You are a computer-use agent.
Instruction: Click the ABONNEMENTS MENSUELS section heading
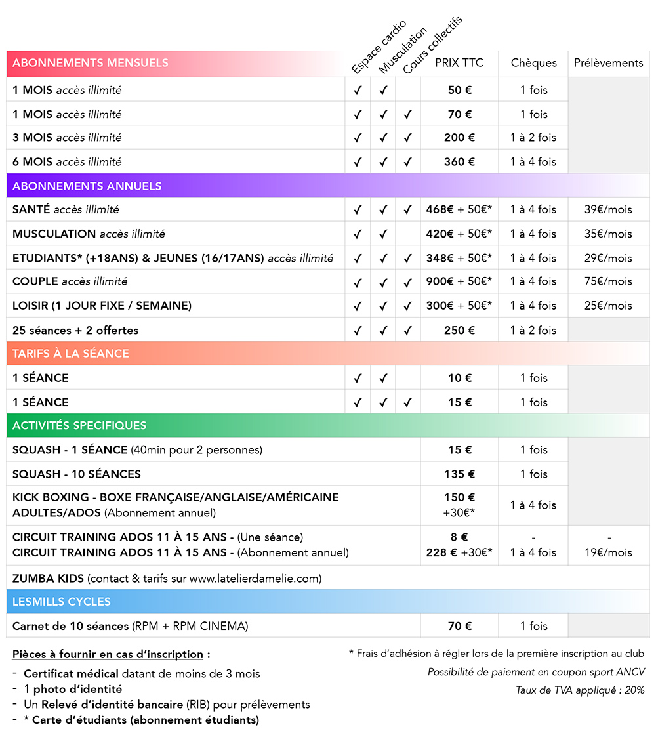(x=90, y=63)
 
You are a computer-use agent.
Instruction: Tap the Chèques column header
(x=534, y=63)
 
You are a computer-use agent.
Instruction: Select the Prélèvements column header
(x=609, y=63)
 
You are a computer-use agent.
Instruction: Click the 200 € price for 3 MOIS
(x=459, y=138)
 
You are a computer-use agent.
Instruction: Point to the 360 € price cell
(x=459, y=162)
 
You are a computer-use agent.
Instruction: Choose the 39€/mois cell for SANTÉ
(x=608, y=209)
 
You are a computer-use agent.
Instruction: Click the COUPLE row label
(x=70, y=281)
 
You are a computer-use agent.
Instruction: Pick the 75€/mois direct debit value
(x=608, y=281)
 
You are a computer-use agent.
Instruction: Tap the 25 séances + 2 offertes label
(x=75, y=330)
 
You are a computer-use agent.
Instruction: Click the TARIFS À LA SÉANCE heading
(x=71, y=353)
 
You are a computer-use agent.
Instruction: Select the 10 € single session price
(x=460, y=378)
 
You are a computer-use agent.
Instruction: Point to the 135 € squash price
(x=459, y=474)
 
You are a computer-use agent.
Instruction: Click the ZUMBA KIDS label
(x=48, y=578)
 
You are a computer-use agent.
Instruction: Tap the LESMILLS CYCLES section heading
(x=62, y=602)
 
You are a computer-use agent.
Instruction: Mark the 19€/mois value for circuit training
(x=608, y=552)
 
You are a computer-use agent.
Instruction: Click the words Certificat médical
(x=71, y=674)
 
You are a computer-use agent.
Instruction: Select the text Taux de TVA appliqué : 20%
(x=580, y=690)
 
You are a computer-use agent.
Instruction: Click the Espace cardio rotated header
(x=379, y=47)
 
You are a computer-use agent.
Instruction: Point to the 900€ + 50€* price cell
(x=459, y=281)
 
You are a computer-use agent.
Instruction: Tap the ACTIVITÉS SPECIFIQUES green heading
(x=79, y=425)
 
